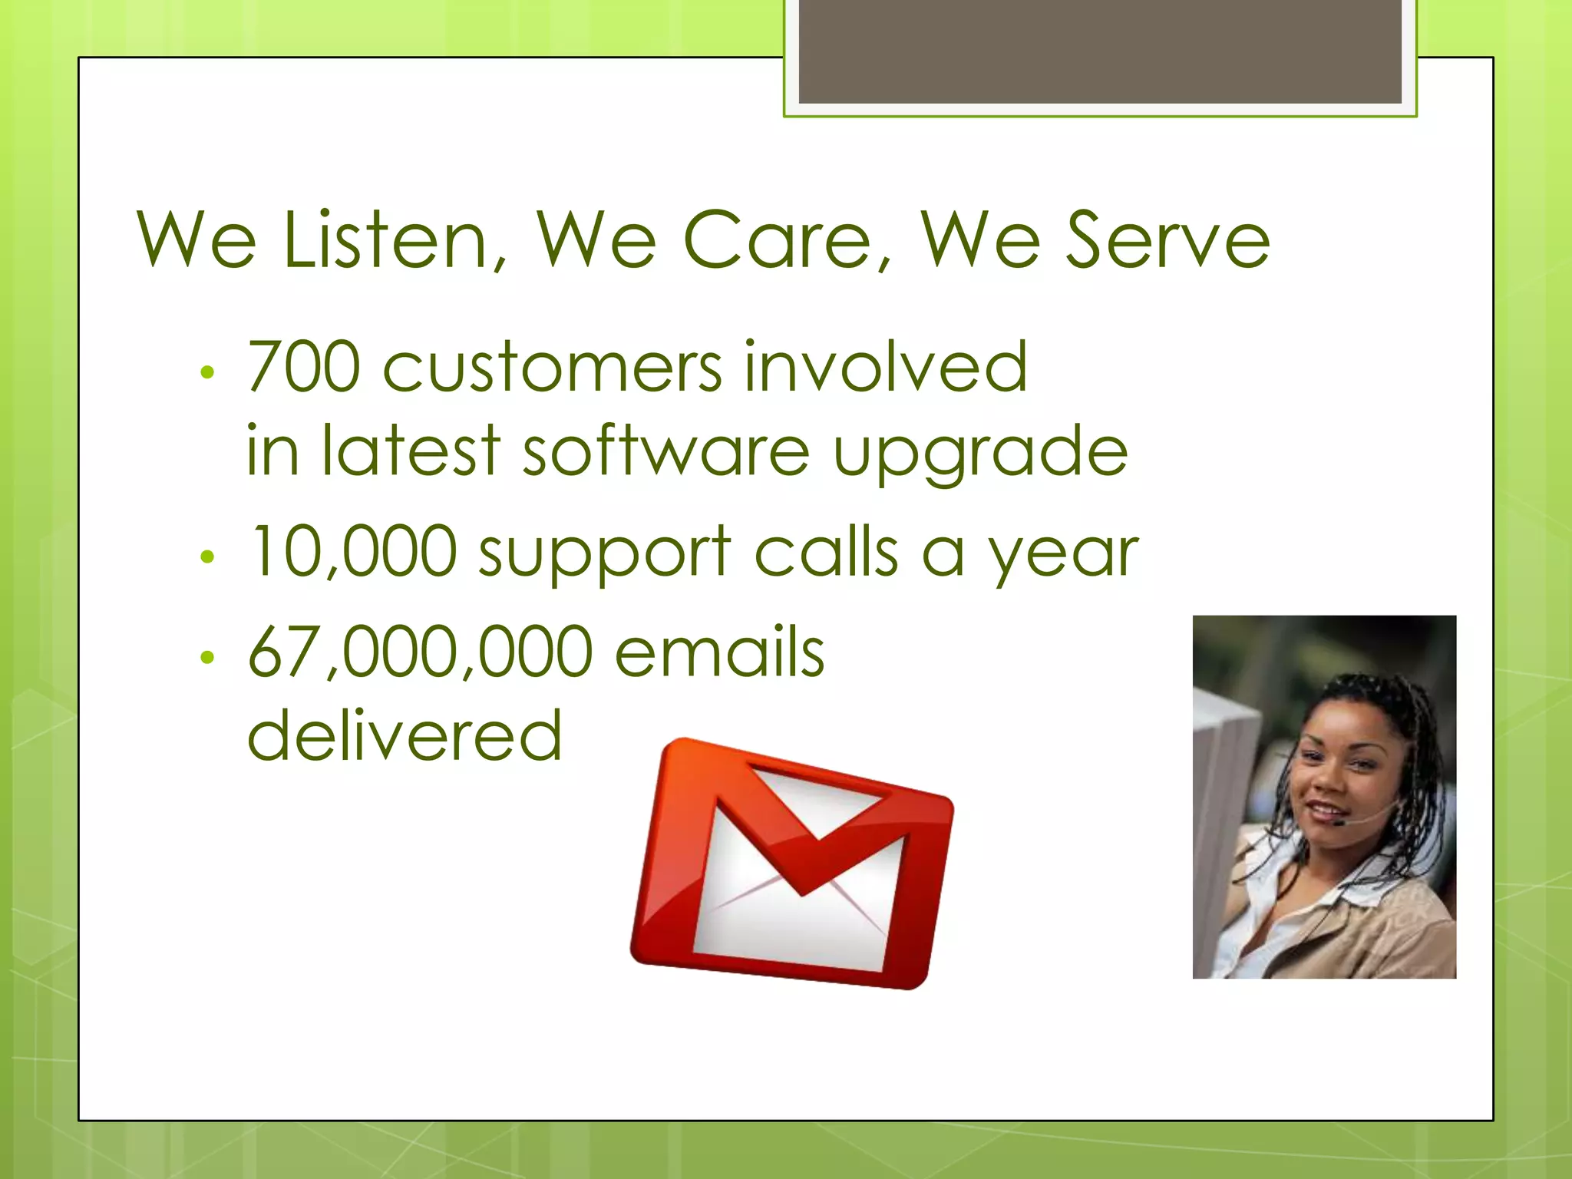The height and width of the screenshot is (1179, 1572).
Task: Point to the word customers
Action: (553, 368)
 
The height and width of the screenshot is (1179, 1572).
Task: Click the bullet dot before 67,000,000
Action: (206, 657)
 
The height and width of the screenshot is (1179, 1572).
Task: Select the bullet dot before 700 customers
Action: (206, 373)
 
